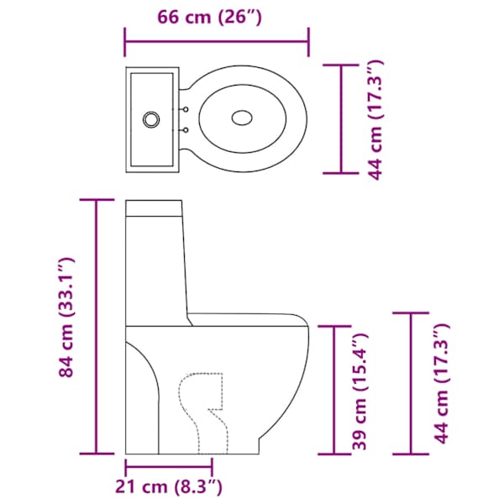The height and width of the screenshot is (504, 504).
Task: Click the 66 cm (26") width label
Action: click(209, 17)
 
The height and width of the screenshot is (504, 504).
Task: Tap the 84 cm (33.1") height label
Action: click(66, 317)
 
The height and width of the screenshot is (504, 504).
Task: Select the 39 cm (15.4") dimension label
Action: click(360, 391)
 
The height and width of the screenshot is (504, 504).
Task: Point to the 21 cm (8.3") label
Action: click(169, 486)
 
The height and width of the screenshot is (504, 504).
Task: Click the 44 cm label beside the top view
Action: click(375, 119)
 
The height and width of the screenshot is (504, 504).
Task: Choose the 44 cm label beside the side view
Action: click(442, 384)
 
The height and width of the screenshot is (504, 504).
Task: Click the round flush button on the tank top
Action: click(151, 120)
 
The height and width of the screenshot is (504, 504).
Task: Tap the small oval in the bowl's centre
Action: click(242, 118)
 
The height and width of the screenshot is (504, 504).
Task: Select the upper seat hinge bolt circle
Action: click(186, 109)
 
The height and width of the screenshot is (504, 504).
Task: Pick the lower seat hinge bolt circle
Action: click(186, 130)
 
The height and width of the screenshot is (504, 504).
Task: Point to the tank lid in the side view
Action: click(154, 207)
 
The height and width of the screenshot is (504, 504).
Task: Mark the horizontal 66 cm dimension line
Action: click(217, 42)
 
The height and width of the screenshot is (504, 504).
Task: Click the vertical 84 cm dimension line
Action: click(96, 327)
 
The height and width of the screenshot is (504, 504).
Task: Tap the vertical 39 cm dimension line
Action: click(334, 391)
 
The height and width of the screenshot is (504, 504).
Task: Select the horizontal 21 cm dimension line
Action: click(169, 467)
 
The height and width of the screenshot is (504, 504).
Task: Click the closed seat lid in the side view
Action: click(248, 320)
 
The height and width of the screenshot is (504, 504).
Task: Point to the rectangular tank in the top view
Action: click(152, 120)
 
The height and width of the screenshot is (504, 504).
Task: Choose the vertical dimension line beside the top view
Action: click(341, 119)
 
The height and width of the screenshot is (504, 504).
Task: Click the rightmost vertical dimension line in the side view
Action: click(411, 383)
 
